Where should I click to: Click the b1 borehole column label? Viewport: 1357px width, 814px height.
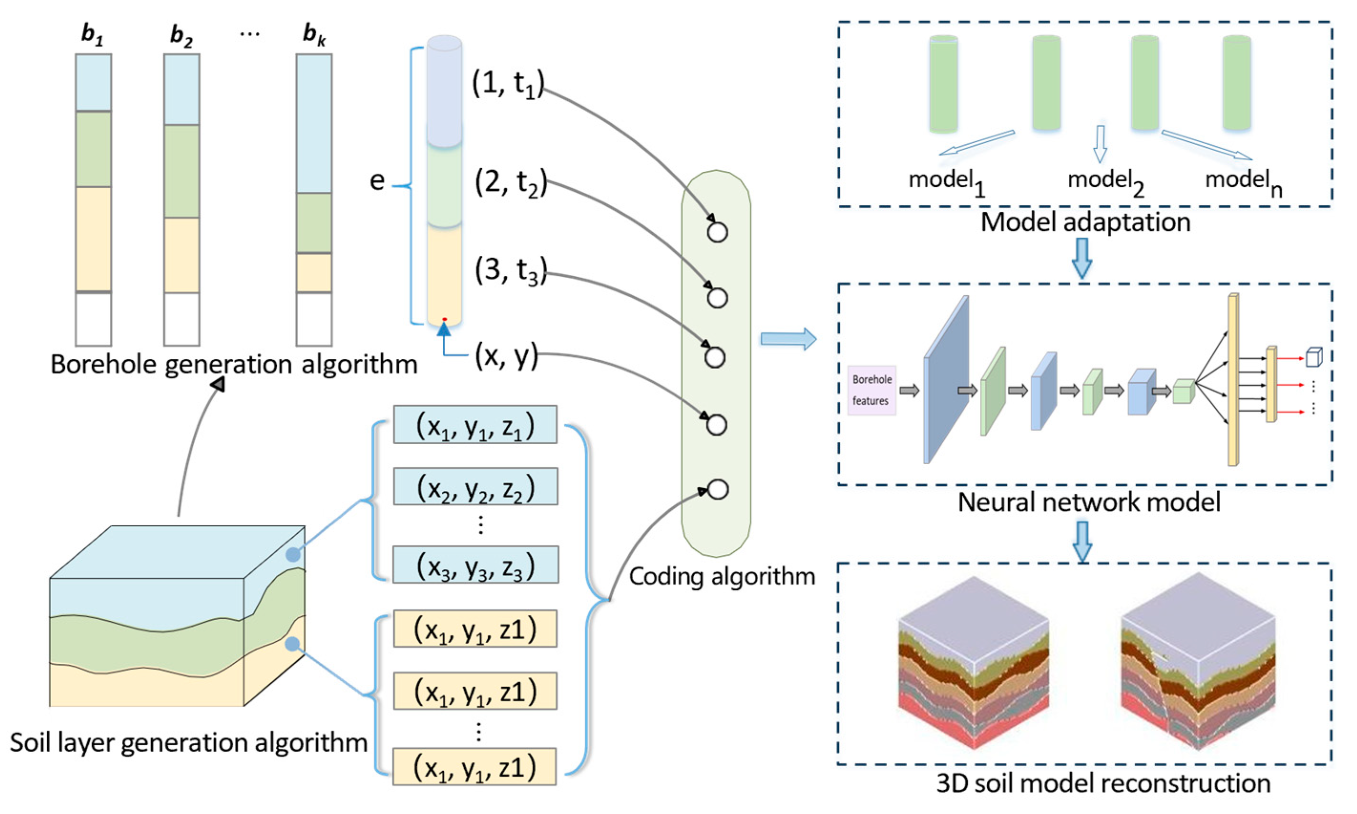click(x=92, y=35)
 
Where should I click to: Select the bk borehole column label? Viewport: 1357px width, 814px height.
click(x=314, y=35)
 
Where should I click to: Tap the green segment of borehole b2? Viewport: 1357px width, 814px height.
click(x=182, y=171)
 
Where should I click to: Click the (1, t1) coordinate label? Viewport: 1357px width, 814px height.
click(x=508, y=84)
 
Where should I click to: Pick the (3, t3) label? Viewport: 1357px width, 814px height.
click(x=511, y=271)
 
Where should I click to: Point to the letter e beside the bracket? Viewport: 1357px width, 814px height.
click(x=377, y=180)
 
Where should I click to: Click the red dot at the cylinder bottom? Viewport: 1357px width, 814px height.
click(x=444, y=319)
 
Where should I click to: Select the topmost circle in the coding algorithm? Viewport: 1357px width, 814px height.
click(x=717, y=232)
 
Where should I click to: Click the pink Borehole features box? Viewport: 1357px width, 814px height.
click(x=872, y=390)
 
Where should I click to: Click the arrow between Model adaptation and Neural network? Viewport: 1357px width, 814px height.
click(x=1082, y=258)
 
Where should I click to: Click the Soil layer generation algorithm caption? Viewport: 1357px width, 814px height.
click(x=188, y=743)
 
